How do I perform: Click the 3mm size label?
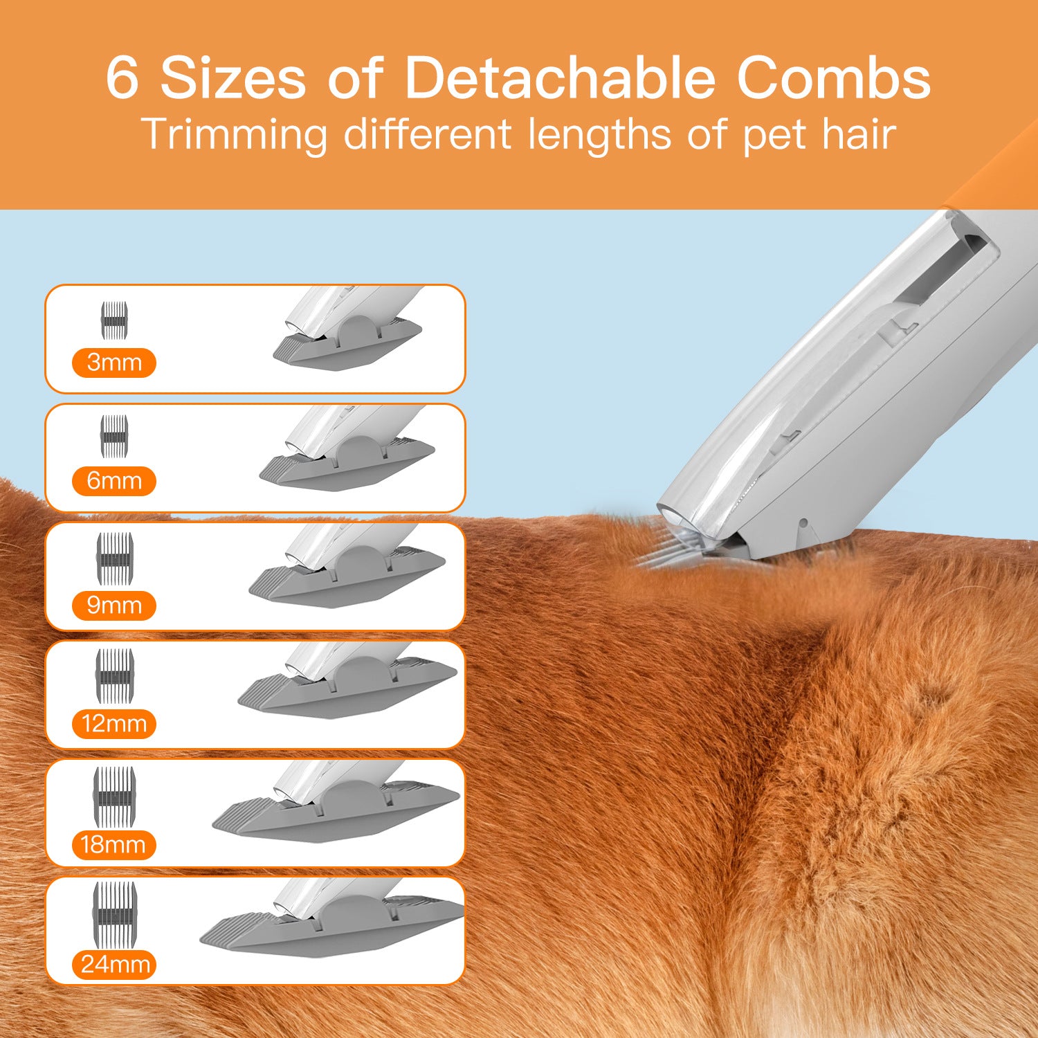(114, 363)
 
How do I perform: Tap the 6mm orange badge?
(114, 481)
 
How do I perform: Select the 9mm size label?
(114, 605)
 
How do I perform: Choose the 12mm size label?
(114, 725)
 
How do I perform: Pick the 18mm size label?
(113, 845)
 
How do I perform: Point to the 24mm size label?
(115, 965)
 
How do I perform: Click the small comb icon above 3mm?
(115, 320)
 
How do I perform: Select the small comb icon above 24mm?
(115, 914)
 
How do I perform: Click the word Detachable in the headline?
(559, 78)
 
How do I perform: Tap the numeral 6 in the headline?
(122, 78)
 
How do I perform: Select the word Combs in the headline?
(834, 78)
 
